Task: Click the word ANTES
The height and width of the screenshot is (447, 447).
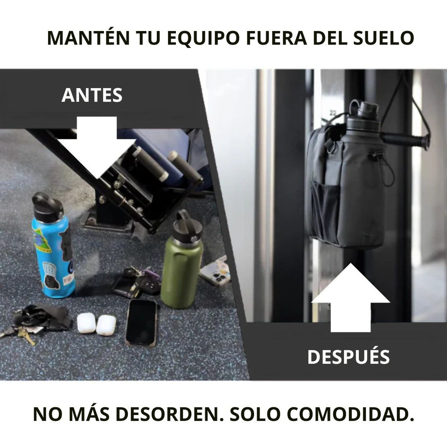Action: coord(92,95)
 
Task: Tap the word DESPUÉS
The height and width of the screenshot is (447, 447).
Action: coord(348,357)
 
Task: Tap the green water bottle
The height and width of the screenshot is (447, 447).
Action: coord(182,266)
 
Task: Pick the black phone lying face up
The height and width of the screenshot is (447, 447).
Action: coord(141,322)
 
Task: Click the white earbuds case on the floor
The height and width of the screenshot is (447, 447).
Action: coord(96,324)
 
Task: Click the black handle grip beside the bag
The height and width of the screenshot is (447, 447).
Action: coord(404,141)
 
